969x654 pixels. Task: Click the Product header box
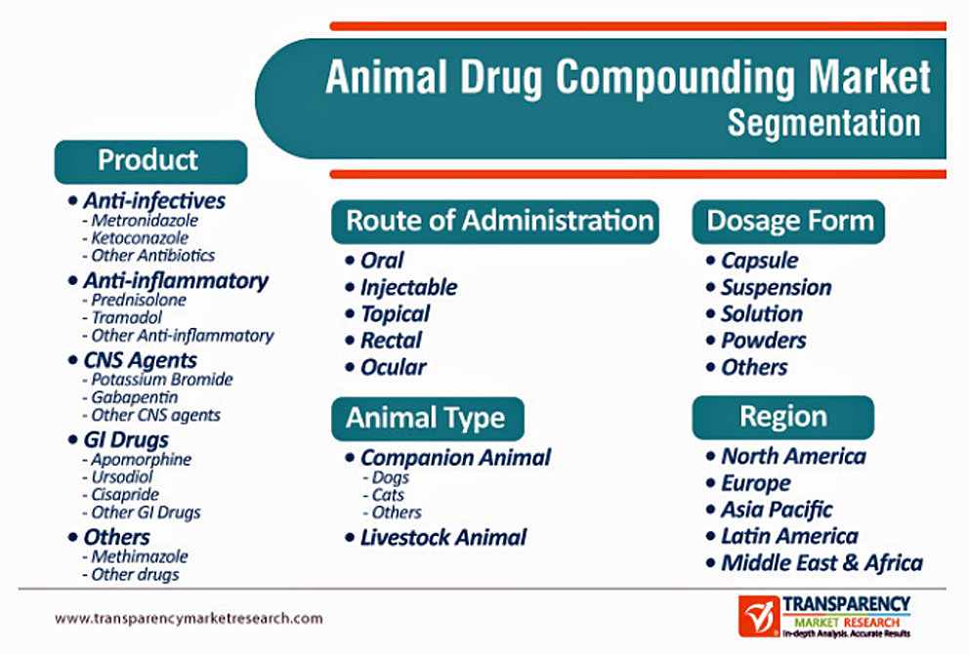click(x=150, y=162)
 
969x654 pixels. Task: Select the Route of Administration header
click(x=495, y=221)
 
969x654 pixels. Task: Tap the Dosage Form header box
click(x=788, y=221)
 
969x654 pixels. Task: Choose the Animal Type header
click(x=428, y=418)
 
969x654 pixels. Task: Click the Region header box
click(x=783, y=418)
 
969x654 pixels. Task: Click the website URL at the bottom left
click(x=189, y=618)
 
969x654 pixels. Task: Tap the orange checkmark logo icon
click(x=758, y=616)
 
